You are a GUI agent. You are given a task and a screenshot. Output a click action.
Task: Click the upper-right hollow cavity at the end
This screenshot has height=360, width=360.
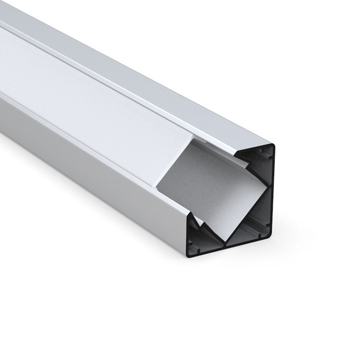259,158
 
